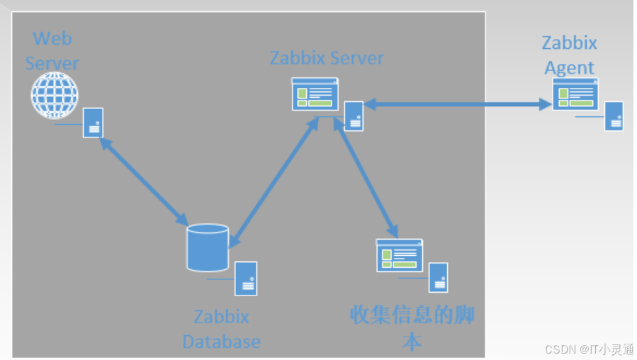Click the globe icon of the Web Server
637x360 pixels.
[54, 96]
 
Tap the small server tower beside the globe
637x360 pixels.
[93, 122]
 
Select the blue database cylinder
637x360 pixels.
[208, 247]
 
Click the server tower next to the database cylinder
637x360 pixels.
[246, 278]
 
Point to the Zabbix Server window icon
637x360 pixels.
[315, 94]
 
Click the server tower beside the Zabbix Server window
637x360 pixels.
[354, 116]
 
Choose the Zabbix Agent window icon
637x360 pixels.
[575, 94]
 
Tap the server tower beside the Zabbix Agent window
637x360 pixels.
[614, 116]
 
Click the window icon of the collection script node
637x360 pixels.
[399, 255]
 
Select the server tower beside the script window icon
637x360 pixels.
[438, 277]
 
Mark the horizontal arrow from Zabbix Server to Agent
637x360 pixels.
[458, 105]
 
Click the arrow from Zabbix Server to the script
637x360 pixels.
[366, 177]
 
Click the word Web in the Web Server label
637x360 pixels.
[52, 38]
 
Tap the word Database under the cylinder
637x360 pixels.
[221, 342]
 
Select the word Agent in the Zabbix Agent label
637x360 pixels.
[569, 67]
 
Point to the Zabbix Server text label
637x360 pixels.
[327, 57]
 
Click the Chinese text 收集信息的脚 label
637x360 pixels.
[412, 315]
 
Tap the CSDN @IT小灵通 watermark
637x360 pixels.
[589, 349]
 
